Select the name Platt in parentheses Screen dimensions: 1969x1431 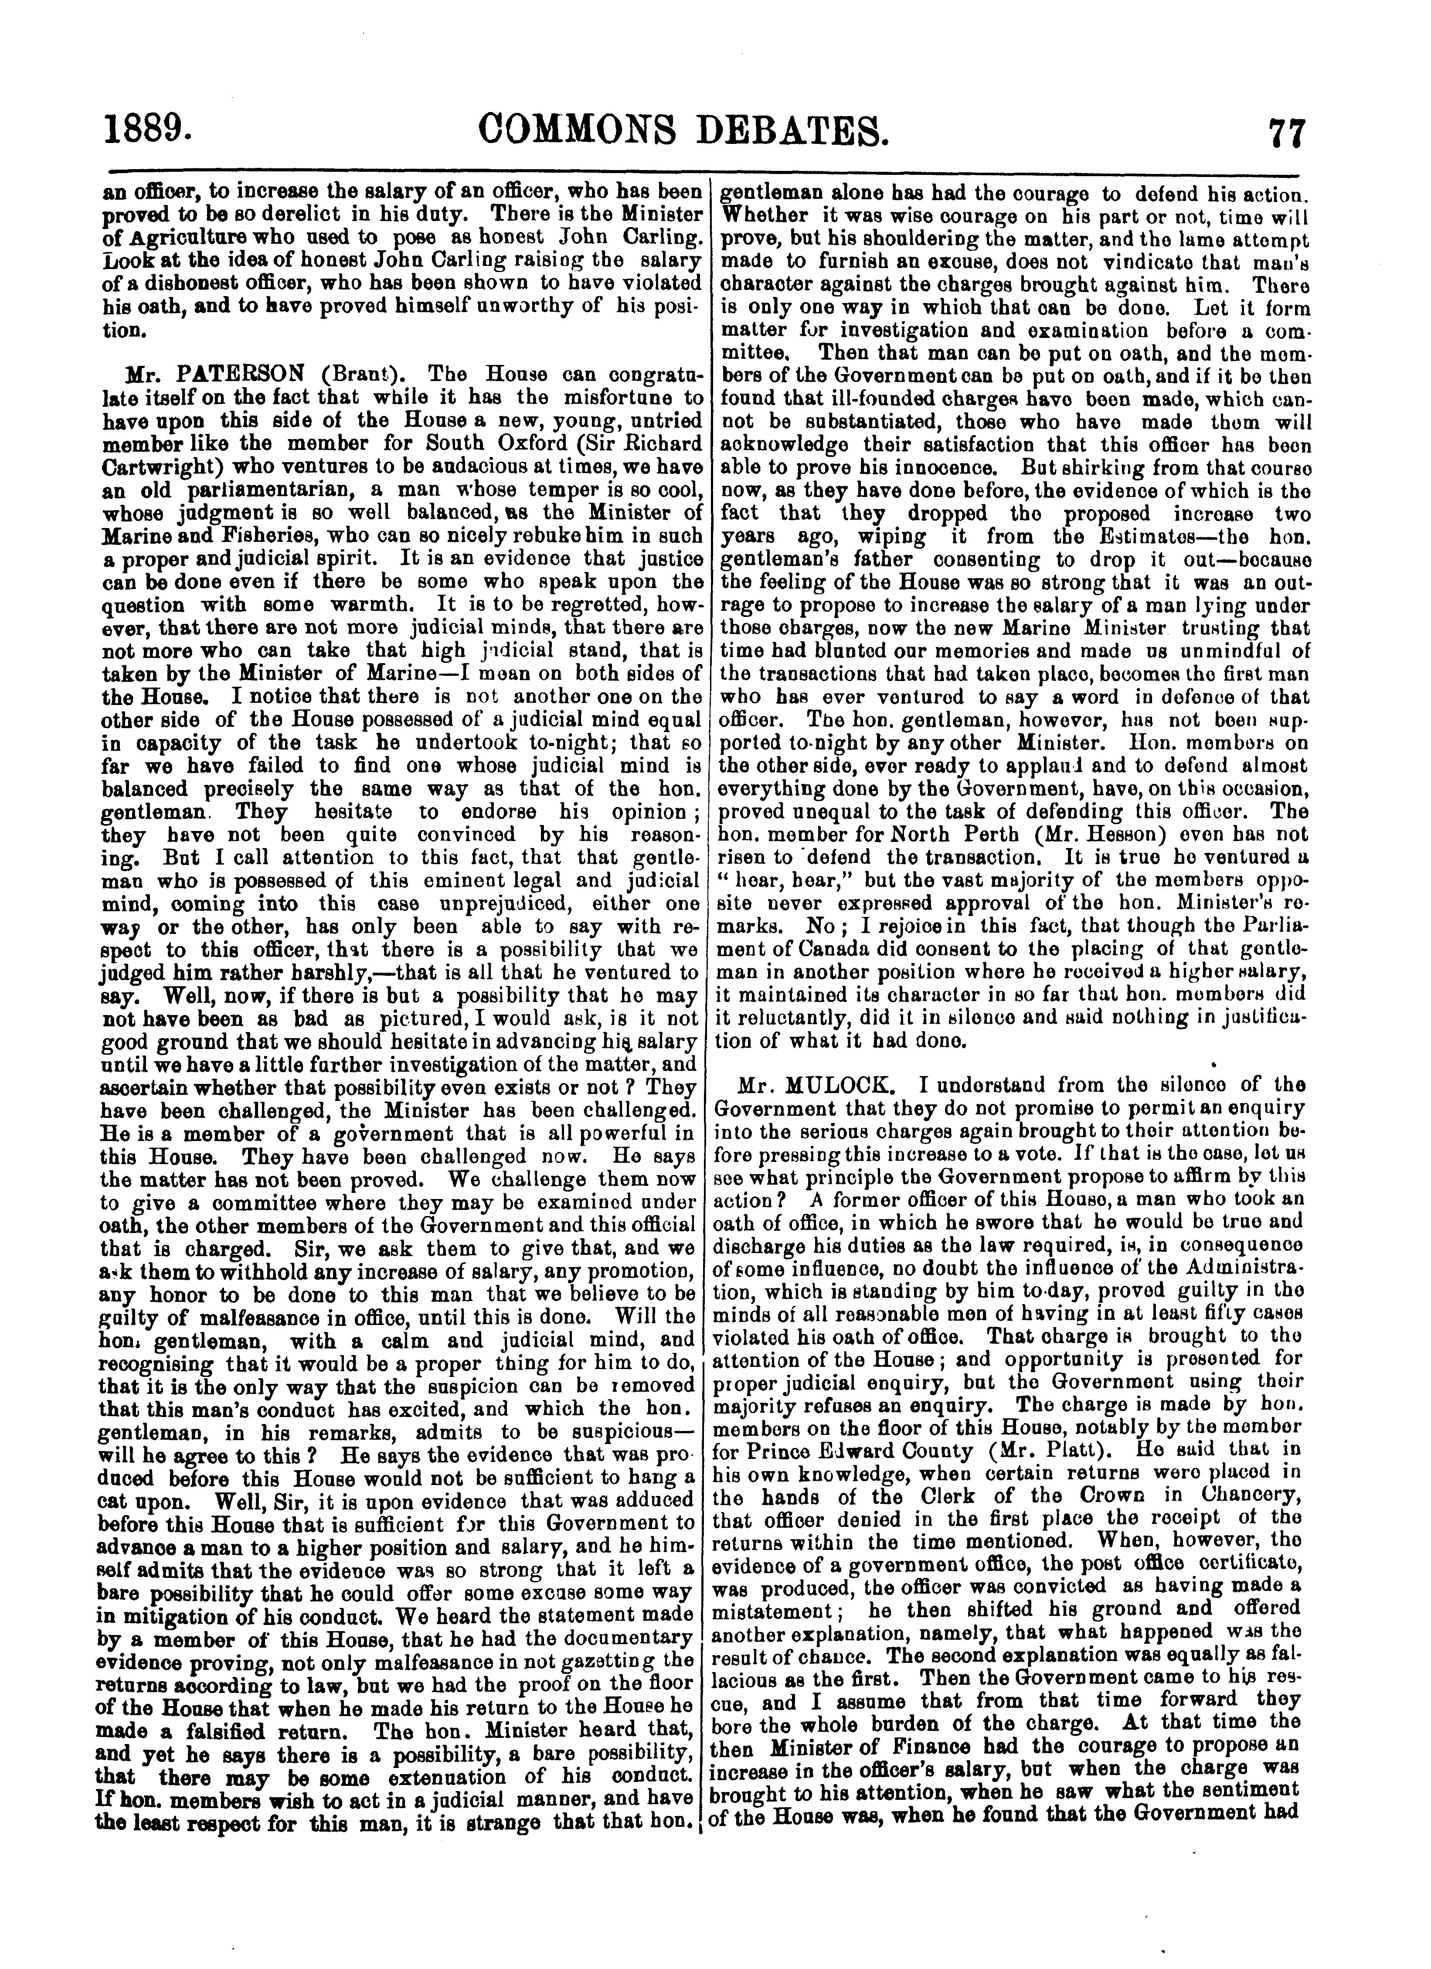point(1071,1450)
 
